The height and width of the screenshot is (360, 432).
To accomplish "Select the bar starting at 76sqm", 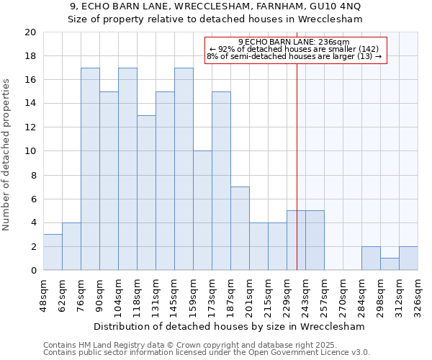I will (x=90, y=169).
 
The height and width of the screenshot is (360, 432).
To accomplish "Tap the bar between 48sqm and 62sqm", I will (x=53, y=252).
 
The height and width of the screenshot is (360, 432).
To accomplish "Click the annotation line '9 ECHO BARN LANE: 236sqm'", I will (x=296, y=42).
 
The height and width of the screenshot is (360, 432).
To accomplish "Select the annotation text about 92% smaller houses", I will (x=296, y=48).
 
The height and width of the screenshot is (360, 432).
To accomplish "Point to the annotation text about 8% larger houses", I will (x=296, y=55).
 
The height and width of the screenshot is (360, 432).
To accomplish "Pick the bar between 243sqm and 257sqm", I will (x=315, y=240).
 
